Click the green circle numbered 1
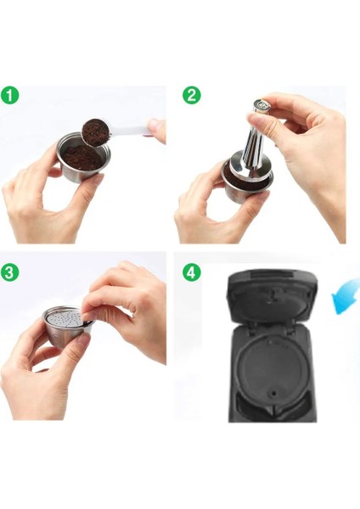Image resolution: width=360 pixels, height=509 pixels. (11, 96)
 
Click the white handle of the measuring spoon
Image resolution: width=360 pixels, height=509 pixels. (136, 127)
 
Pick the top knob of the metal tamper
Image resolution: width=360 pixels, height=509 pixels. (261, 108)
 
